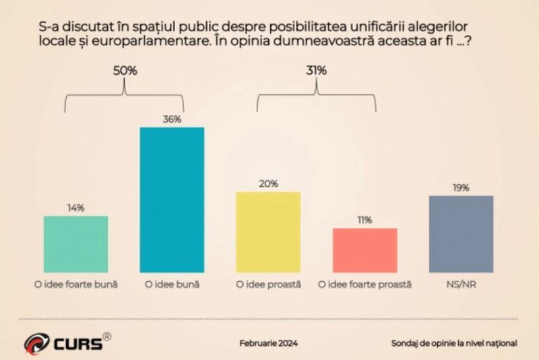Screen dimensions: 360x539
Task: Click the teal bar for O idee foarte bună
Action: pyautogui.click(x=75, y=244)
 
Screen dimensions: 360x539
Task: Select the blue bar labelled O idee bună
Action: pyautogui.click(x=171, y=200)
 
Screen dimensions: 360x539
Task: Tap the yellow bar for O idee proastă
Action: pyautogui.click(x=267, y=232)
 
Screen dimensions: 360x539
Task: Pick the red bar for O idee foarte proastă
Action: pyautogui.click(x=364, y=250)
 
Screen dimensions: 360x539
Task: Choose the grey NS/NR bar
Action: pyautogui.click(x=461, y=234)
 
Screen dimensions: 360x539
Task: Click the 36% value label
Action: pyautogui.click(x=172, y=119)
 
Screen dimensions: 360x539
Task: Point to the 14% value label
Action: pyautogui.click(x=75, y=208)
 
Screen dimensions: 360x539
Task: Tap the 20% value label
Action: pyautogui.click(x=267, y=183)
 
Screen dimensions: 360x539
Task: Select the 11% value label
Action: pyautogui.click(x=364, y=220)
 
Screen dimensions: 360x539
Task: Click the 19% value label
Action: pyautogui.click(x=461, y=187)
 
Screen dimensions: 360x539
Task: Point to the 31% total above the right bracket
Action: pyautogui.click(x=316, y=70)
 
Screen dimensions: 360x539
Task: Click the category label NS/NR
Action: pyautogui.click(x=461, y=284)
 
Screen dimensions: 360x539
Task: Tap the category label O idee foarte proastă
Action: pyautogui.click(x=364, y=284)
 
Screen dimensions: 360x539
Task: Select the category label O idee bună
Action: pyautogui.click(x=172, y=284)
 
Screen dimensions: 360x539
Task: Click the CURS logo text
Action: pyautogui.click(x=77, y=343)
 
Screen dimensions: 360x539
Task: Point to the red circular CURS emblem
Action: pyautogui.click(x=36, y=344)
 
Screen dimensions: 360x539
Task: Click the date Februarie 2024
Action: pyautogui.click(x=269, y=343)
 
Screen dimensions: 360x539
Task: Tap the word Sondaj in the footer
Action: pyautogui.click(x=406, y=343)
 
